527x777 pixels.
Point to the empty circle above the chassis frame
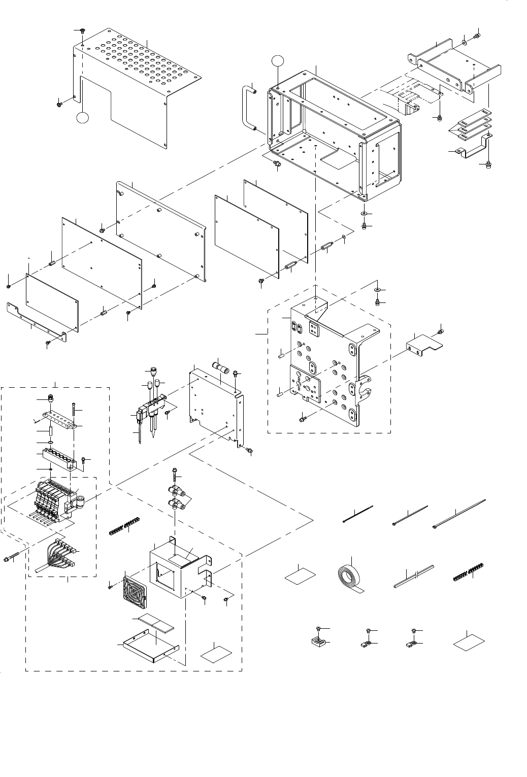278,60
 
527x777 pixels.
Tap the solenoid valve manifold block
56,496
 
